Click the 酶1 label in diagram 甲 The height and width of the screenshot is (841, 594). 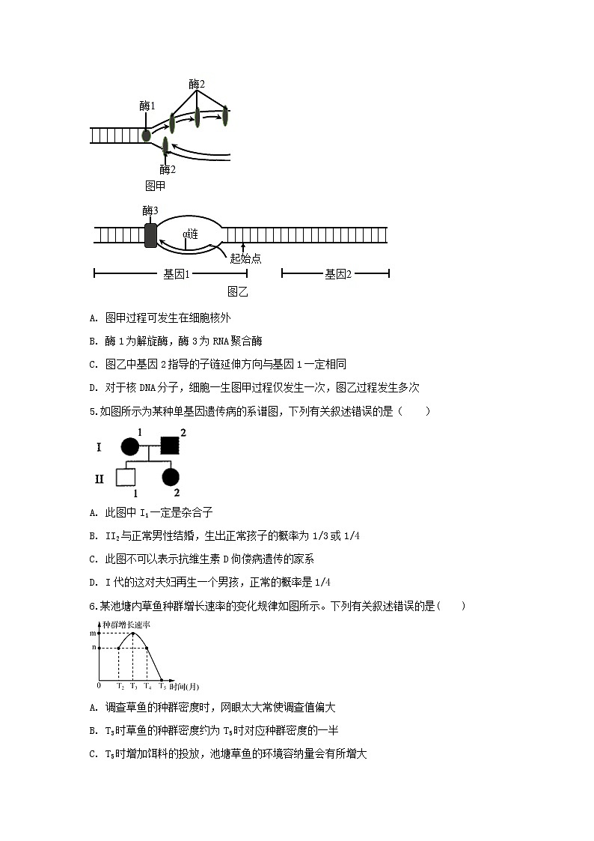tap(147, 106)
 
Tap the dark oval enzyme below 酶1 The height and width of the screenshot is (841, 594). tap(146, 136)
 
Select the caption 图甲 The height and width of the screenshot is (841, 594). tap(155, 186)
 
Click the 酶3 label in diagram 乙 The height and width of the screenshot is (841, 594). tap(150, 211)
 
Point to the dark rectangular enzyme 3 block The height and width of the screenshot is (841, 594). tap(150, 235)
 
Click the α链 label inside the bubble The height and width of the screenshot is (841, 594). tap(190, 234)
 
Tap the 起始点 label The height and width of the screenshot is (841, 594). tap(246, 258)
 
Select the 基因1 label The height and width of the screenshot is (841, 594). tap(177, 274)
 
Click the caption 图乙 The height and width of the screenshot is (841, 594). tap(238, 292)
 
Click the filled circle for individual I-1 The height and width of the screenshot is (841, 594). tap(130, 448)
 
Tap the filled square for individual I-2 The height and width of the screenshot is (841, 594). tap(169, 448)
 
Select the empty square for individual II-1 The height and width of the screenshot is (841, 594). tap(126, 476)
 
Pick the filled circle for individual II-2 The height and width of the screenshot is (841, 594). tap(170, 476)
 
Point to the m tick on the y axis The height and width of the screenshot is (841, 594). tap(93, 634)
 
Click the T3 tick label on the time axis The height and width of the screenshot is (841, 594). tap(133, 686)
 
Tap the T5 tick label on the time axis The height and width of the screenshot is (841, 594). tap(162, 686)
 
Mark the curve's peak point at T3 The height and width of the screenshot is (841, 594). tap(133, 633)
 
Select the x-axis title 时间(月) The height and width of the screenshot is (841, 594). tap(184, 686)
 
